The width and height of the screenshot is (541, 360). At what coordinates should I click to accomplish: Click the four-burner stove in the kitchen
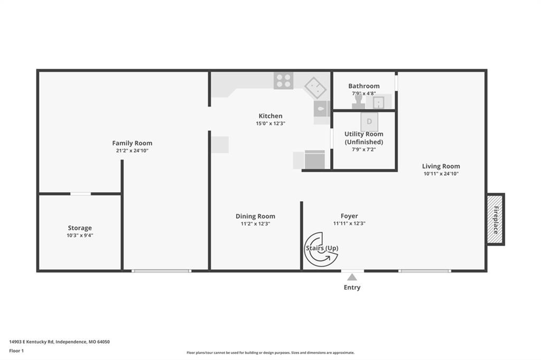tap(283, 80)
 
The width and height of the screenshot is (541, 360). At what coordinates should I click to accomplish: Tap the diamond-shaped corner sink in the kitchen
tap(315, 88)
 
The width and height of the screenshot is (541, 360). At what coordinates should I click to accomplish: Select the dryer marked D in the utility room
tap(369, 122)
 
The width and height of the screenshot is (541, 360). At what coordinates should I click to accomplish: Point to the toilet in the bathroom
tap(358, 100)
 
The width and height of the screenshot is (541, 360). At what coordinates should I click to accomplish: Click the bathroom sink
tap(378, 101)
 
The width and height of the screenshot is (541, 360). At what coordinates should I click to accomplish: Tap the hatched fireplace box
tap(495, 219)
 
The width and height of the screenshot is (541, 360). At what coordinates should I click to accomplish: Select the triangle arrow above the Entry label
tap(352, 277)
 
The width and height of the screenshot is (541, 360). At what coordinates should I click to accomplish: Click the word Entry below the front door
tap(352, 288)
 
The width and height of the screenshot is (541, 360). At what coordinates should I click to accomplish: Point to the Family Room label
tap(132, 143)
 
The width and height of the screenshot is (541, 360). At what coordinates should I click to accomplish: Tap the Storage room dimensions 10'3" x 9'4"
tap(80, 235)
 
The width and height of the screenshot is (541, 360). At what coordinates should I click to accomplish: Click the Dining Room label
tap(255, 216)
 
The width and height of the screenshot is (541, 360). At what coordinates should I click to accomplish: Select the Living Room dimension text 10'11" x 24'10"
tap(441, 174)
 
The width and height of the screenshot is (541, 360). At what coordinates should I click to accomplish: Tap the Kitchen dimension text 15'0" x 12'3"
tap(270, 124)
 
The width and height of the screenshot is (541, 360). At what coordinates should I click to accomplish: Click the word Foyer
tap(349, 216)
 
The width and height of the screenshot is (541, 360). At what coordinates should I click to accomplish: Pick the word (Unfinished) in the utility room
tap(364, 142)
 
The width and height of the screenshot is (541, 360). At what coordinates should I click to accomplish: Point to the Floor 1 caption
tap(16, 350)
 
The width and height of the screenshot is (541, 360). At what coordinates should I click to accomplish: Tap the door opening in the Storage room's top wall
tap(80, 194)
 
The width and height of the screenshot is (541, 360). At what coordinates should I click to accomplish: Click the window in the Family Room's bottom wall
tap(161, 271)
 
